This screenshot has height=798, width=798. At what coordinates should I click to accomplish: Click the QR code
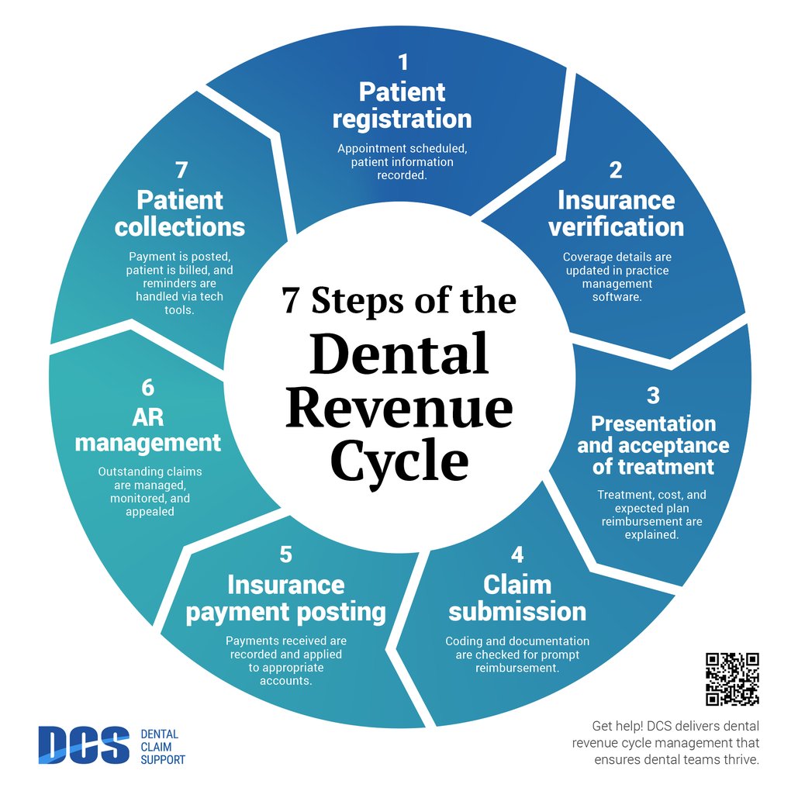pyautogui.click(x=731, y=679)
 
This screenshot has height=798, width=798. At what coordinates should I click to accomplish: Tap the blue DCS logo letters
pyautogui.click(x=84, y=745)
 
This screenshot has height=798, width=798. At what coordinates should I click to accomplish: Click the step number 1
pyautogui.click(x=402, y=62)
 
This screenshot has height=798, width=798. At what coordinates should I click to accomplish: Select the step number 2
pyautogui.click(x=616, y=170)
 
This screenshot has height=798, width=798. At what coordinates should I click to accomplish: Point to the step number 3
pyautogui.click(x=653, y=395)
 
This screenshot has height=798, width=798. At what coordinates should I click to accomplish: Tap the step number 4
pyautogui.click(x=517, y=554)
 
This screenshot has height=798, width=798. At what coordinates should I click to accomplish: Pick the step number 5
pyautogui.click(x=285, y=554)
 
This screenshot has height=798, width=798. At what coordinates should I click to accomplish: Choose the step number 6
pyautogui.click(x=147, y=387)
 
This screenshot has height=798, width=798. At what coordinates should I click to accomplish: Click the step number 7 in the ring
pyautogui.click(x=181, y=170)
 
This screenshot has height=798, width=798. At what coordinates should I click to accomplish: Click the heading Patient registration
pyautogui.click(x=402, y=105)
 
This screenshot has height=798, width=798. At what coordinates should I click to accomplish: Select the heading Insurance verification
pyautogui.click(x=616, y=213)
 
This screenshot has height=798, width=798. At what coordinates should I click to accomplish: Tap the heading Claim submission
pyautogui.click(x=517, y=597)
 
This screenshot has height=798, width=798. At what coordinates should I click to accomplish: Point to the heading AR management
pyautogui.click(x=147, y=430)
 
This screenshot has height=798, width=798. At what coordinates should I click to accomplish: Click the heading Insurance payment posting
pyautogui.click(x=285, y=598)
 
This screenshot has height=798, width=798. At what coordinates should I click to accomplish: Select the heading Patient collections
pyautogui.click(x=180, y=213)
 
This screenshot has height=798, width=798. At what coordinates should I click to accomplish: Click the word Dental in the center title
pyautogui.click(x=399, y=356)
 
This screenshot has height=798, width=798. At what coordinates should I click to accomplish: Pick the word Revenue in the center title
pyautogui.click(x=399, y=409)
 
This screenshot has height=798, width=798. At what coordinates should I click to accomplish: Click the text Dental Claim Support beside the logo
pyautogui.click(x=162, y=747)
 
